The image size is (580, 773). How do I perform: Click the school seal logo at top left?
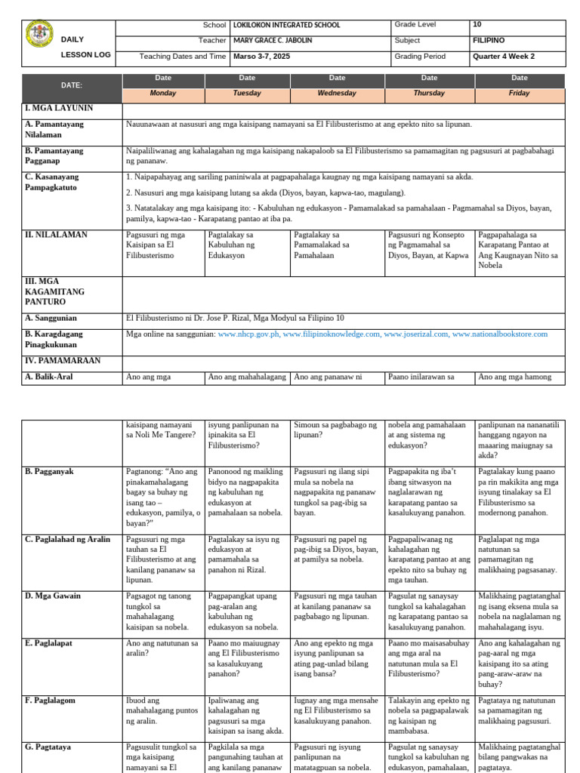tap(39, 34)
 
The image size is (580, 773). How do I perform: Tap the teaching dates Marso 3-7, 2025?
tap(262, 57)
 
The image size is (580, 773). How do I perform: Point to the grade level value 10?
tap(477, 25)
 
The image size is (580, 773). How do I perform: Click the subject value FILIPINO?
tap(489, 41)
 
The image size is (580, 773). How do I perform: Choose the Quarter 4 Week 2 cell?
tap(504, 57)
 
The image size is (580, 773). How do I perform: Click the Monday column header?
tap(163, 94)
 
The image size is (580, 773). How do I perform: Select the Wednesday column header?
tap(337, 94)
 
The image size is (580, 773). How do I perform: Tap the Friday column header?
tap(519, 94)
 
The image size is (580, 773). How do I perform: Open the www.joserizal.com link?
tap(415, 334)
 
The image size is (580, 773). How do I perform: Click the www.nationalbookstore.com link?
tap(499, 334)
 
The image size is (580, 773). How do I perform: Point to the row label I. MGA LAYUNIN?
tap(59, 109)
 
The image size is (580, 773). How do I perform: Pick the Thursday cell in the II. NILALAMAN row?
tap(428, 245)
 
